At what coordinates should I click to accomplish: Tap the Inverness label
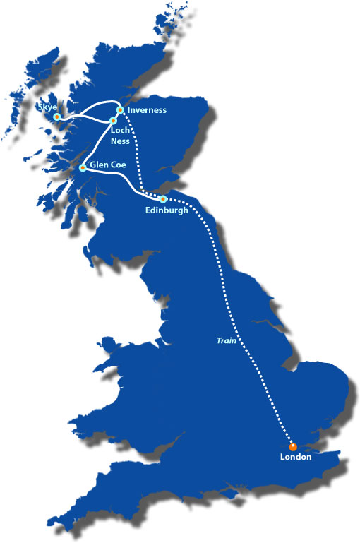point(147,110)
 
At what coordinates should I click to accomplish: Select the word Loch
point(119,131)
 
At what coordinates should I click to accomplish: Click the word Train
point(226,340)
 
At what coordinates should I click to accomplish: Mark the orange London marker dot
point(293,446)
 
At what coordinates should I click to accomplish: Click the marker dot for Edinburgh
point(163,198)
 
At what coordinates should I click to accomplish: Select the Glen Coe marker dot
point(83,167)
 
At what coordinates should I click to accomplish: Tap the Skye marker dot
point(56,116)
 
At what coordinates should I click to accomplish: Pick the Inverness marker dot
point(120,109)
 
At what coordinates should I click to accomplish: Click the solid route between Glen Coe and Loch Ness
point(97,144)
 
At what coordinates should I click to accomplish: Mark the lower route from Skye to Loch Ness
point(85,119)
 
